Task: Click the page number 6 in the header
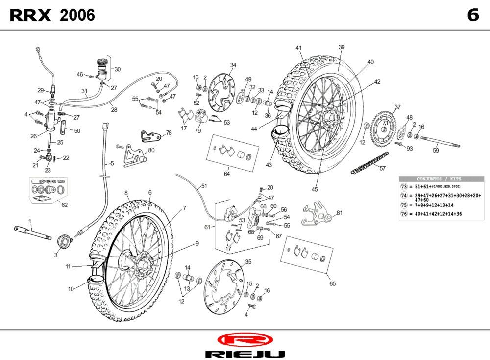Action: pos(472,15)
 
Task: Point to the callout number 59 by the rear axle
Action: pos(436,151)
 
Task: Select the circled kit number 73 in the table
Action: pos(404,187)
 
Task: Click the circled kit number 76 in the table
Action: pos(404,214)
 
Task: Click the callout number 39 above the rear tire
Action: pos(342,47)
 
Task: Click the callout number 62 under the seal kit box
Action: pos(64,205)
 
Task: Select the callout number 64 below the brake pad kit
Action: pos(227,174)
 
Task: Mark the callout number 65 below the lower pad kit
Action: pos(332,283)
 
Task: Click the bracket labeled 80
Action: pos(132,154)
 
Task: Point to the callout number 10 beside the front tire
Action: pos(71,289)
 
